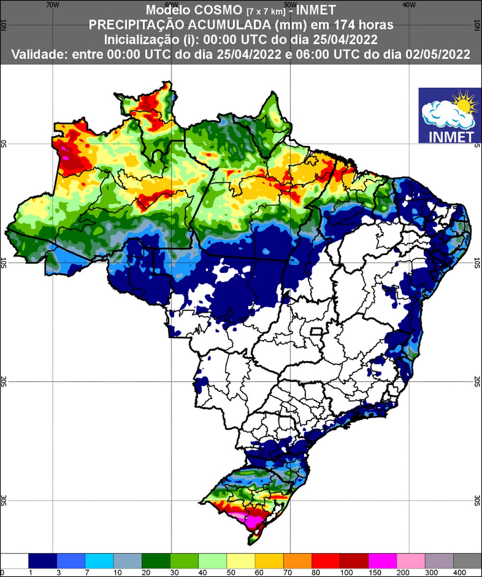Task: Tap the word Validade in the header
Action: (x=39, y=54)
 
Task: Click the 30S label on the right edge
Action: (x=478, y=500)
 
